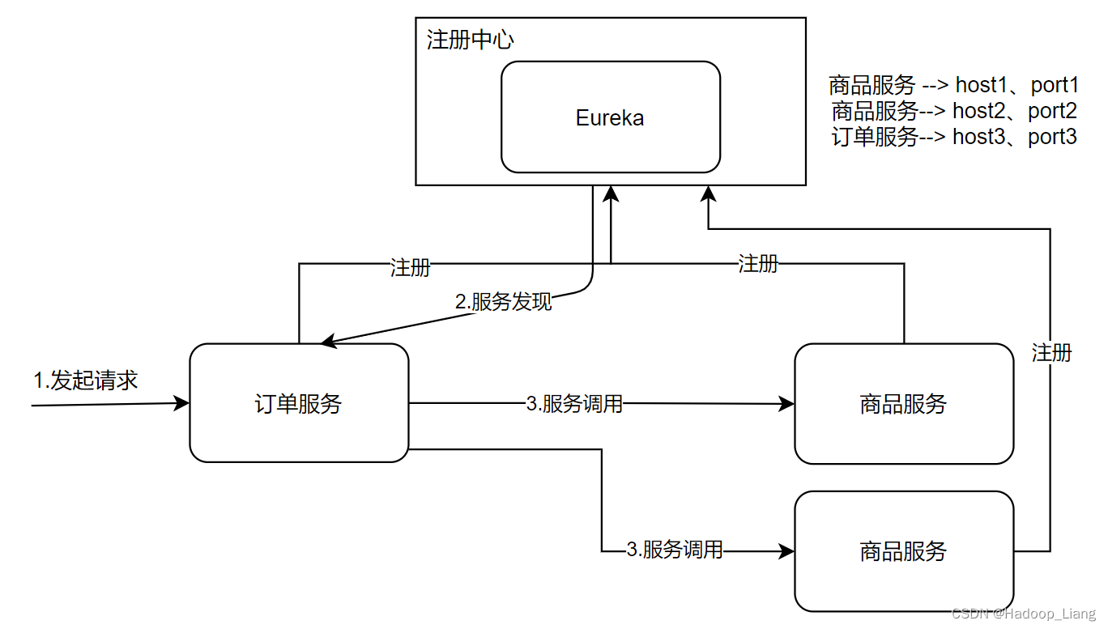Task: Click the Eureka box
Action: coord(610,117)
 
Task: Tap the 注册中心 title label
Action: coord(470,40)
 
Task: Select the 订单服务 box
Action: coord(298,403)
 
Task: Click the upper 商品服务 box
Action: coord(903,404)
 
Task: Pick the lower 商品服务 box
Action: coord(903,551)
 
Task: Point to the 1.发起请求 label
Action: coord(85,380)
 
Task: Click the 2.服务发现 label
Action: coord(503,302)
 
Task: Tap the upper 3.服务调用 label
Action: coord(574,404)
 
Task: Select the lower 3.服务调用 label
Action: coord(675,550)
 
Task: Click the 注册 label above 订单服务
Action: coord(410,267)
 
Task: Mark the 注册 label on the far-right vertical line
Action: coord(1051,352)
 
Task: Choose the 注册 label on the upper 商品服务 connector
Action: coord(758,263)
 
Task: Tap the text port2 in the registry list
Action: coord(1052,110)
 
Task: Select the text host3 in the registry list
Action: coord(978,137)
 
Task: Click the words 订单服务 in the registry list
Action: coord(875,137)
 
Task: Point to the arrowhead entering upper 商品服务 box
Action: coord(786,404)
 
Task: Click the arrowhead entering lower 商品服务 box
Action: coord(786,551)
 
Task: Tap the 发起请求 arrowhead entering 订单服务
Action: coord(182,403)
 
